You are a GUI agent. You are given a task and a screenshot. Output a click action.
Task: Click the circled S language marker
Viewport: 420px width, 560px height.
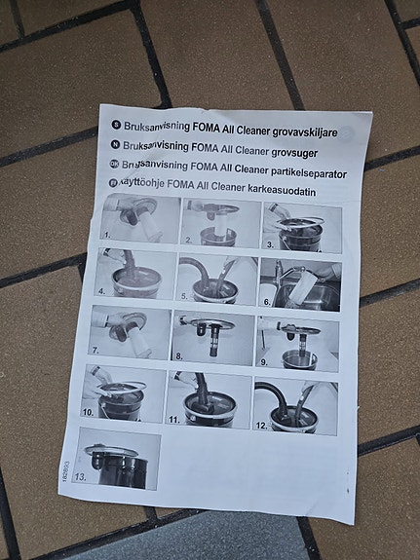[x=115, y=125]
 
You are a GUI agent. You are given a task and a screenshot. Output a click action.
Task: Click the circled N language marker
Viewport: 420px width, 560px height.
[x=114, y=144]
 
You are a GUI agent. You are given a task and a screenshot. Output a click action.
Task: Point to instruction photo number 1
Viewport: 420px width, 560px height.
[x=141, y=218]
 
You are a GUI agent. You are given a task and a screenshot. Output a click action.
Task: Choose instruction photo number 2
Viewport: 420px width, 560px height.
[x=221, y=223]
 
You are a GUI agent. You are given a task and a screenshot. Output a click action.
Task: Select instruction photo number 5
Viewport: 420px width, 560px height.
[x=216, y=279]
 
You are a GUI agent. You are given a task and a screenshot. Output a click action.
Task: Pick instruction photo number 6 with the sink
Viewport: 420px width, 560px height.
[x=298, y=283]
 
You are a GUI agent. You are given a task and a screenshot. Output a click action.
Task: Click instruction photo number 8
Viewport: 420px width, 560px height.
[x=212, y=337]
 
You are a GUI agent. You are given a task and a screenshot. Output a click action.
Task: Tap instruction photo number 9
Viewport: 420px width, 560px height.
[x=297, y=343]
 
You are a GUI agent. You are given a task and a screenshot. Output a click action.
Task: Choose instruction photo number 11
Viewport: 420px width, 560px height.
[x=209, y=399]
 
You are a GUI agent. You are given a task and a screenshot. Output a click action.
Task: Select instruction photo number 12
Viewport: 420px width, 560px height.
[x=295, y=406]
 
